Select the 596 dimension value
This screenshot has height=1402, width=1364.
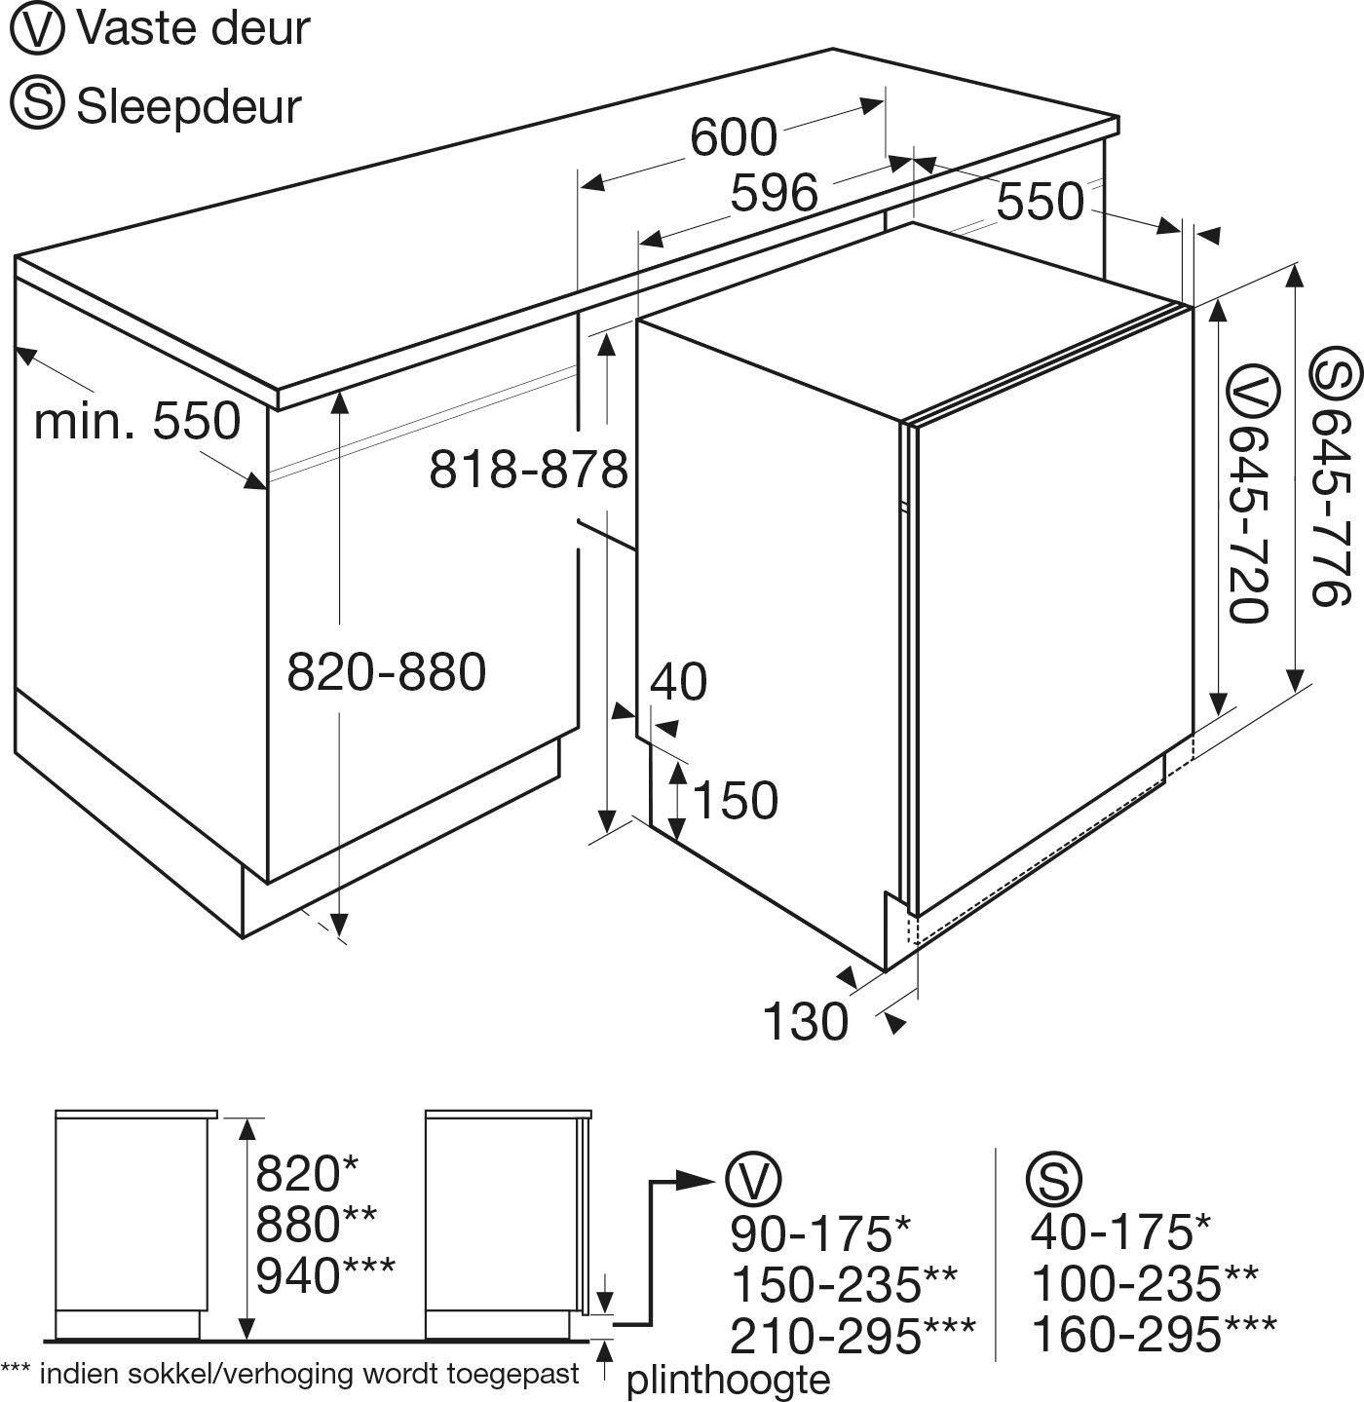(776, 192)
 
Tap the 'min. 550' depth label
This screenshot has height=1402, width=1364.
(137, 422)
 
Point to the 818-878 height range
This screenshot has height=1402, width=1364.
(529, 470)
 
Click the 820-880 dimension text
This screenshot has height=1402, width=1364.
(387, 672)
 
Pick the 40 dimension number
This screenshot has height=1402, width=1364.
(678, 682)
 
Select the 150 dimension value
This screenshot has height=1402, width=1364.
(735, 800)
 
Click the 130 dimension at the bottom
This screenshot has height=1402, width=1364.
(806, 1021)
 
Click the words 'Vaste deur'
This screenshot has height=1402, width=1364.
(193, 29)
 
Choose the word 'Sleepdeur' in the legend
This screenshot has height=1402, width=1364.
(189, 106)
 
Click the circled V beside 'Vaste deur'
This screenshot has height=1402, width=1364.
(38, 29)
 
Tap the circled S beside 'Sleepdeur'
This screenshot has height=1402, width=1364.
(38, 105)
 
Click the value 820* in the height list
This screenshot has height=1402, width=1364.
(308, 1173)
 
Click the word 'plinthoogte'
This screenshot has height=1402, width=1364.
(729, 1379)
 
